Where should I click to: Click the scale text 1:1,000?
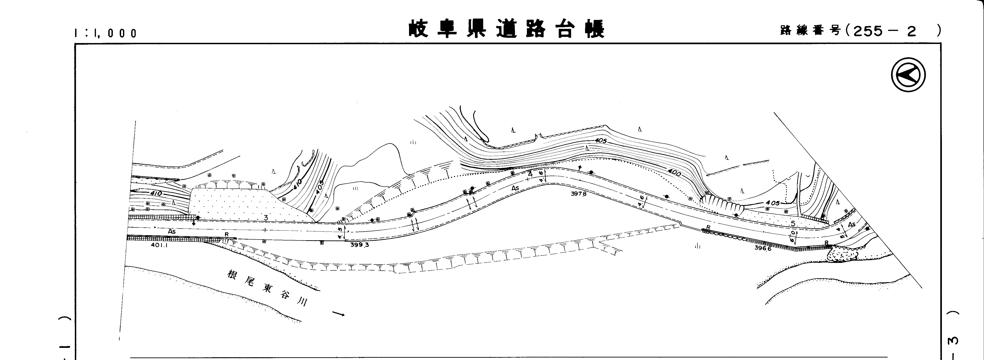[106, 33]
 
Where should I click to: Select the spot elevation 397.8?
[578, 194]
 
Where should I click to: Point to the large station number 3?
[266, 218]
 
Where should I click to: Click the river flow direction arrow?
[339, 314]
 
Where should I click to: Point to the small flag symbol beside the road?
[580, 168]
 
